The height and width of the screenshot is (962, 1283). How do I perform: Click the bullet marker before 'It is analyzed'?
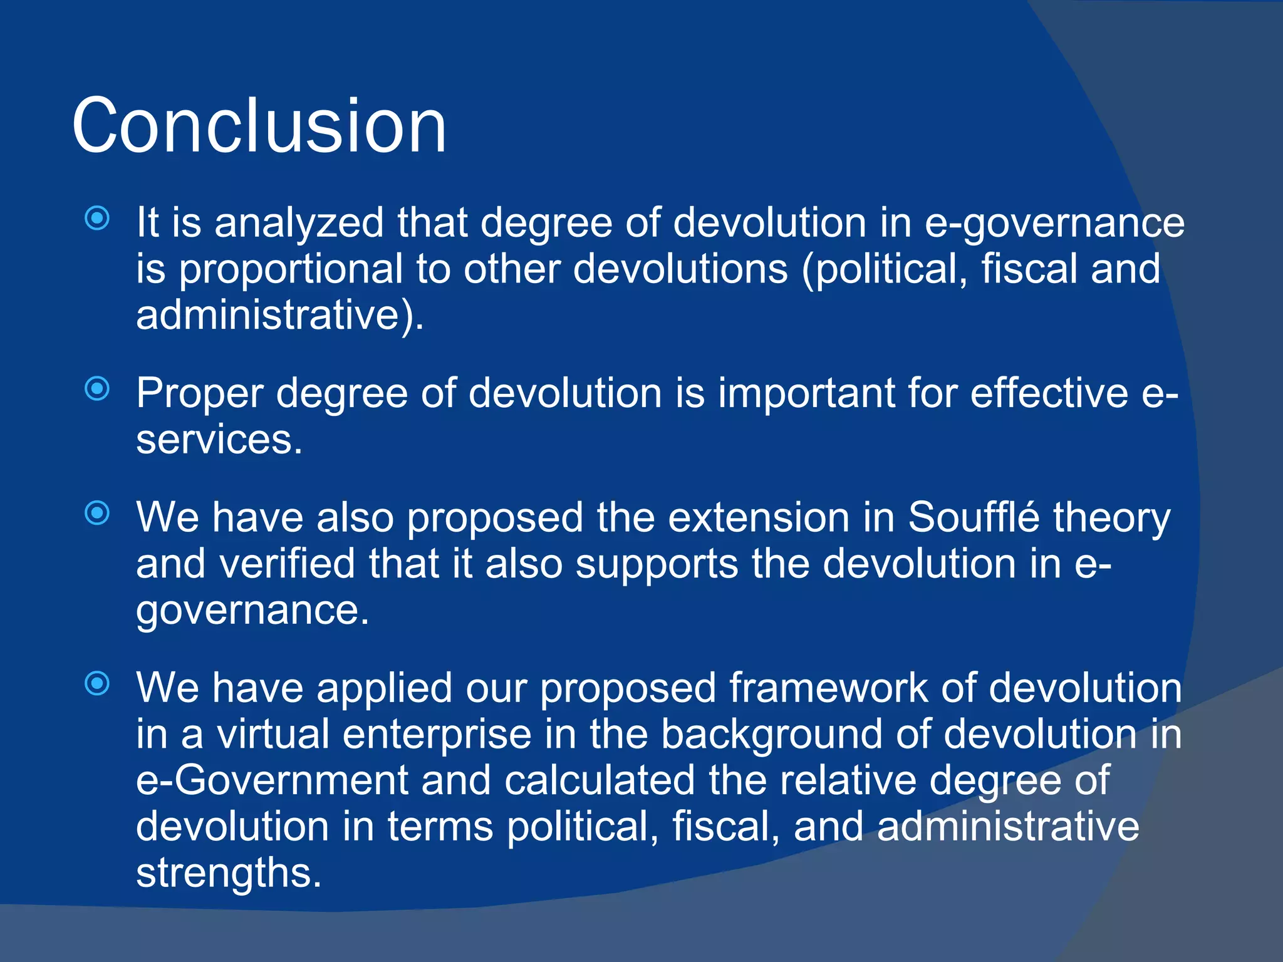point(97,219)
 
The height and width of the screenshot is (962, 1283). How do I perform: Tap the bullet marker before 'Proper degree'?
point(97,389)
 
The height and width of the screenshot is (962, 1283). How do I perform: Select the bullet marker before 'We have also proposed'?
point(97,514)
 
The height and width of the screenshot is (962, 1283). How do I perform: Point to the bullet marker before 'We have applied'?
point(97,683)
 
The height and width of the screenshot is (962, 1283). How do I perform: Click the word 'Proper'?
point(200,394)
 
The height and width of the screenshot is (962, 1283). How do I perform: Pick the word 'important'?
point(806,393)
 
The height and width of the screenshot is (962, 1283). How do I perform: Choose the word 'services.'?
point(219,440)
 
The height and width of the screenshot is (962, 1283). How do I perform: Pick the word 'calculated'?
point(600,780)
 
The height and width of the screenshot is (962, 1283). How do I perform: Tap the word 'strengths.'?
point(229,872)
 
